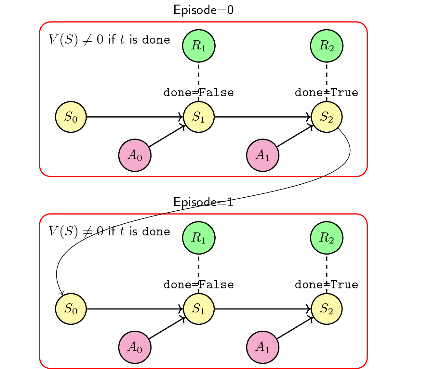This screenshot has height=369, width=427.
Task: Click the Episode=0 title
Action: click(204, 10)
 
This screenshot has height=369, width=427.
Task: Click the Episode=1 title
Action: click(204, 202)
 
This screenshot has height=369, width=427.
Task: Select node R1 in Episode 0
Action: click(199, 46)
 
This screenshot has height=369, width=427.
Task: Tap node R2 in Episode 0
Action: click(327, 46)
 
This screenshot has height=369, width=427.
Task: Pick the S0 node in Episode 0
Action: click(71, 117)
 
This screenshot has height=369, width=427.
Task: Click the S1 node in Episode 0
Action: click(199, 117)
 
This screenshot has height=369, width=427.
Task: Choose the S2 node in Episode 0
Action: click(327, 117)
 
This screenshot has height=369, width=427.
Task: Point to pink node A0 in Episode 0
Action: click(135, 155)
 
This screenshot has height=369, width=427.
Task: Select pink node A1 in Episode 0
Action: click(263, 155)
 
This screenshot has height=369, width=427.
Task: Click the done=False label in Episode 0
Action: click(199, 93)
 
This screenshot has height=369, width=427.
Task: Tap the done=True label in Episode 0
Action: click(327, 93)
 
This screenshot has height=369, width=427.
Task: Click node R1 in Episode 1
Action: click(199, 238)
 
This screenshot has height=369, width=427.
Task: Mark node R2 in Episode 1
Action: click(327, 238)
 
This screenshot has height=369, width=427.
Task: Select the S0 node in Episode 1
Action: click(71, 309)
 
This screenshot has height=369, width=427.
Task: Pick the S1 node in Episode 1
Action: click(199, 309)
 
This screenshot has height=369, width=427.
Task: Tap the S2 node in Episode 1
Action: click(327, 309)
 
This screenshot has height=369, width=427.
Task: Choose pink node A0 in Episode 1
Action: click(135, 347)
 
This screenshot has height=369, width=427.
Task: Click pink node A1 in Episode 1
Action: click(263, 347)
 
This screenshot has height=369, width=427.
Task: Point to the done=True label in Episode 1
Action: click(327, 285)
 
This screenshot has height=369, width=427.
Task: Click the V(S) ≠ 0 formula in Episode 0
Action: click(109, 40)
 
